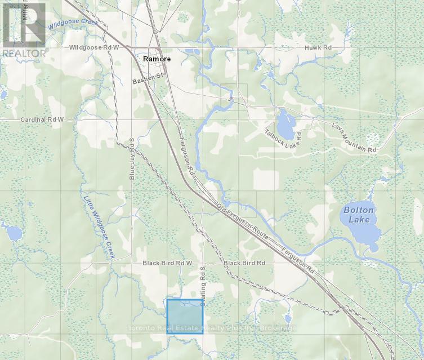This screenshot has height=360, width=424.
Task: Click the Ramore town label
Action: coord(157,59)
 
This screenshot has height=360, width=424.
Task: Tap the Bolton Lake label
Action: coord(358,215)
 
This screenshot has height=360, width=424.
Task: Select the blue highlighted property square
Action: coord(185,316)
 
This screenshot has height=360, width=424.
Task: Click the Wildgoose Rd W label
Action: coord(94,48)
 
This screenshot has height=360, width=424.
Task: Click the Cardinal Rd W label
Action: coord(42,120)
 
